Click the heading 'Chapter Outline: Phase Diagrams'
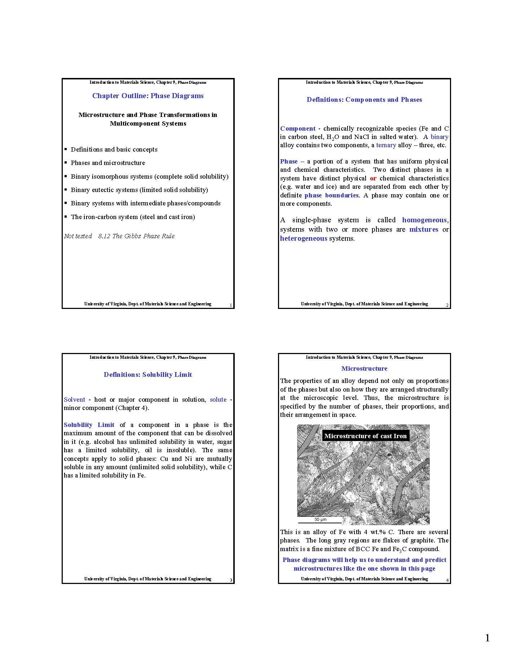click(x=148, y=96)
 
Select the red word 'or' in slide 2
click(x=373, y=178)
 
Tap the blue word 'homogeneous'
click(x=424, y=220)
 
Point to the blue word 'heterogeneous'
click(x=304, y=239)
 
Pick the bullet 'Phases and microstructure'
click(x=108, y=163)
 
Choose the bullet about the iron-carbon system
click(x=133, y=217)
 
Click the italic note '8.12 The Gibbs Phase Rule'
click(x=136, y=236)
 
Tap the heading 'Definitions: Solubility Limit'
click(x=148, y=375)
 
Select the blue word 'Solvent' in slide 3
click(x=74, y=400)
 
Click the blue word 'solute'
click(x=218, y=400)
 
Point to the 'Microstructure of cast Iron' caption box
click(x=365, y=436)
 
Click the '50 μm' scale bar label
click(x=320, y=520)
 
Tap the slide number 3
click(x=231, y=580)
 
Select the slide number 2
click(x=447, y=305)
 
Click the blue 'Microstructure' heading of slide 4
click(x=364, y=368)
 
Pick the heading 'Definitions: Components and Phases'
click(x=364, y=100)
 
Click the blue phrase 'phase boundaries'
click(x=331, y=195)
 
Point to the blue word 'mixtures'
click(x=424, y=230)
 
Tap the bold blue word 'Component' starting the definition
click(x=298, y=128)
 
